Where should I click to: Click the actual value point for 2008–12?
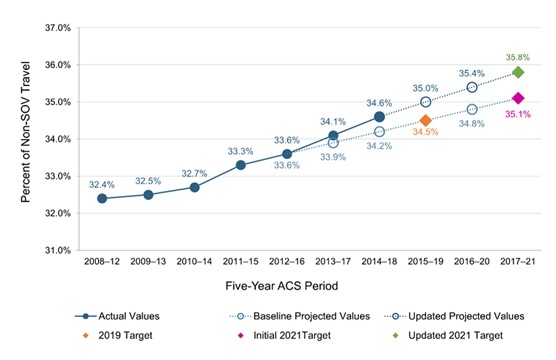coord(102,198)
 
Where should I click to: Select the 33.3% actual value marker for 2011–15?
coord(240,165)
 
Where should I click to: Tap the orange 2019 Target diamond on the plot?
coord(425,120)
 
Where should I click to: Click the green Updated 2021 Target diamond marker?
coord(518,72)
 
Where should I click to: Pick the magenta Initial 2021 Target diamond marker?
coord(518,98)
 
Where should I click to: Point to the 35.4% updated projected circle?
coord(472,87)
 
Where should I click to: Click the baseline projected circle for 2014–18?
coord(379,131)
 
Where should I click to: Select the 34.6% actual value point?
coord(379,117)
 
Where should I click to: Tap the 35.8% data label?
coord(518,58)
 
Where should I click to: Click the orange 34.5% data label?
coord(425,132)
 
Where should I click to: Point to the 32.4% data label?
coord(102,184)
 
